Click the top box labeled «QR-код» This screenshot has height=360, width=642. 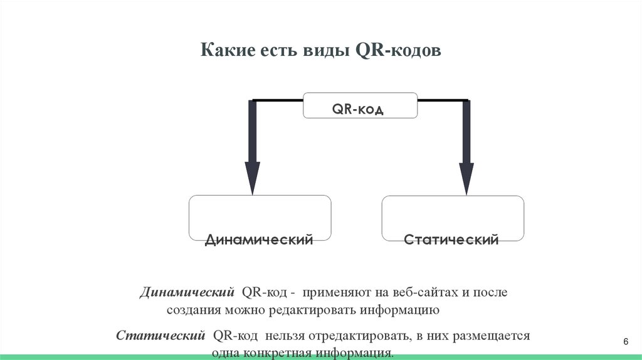click(360, 105)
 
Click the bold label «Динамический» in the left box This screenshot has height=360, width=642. click(259, 240)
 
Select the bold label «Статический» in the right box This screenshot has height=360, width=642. click(451, 240)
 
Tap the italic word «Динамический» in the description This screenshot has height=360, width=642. click(187, 293)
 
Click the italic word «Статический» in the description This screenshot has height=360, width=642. click(161, 336)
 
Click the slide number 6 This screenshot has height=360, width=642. click(625, 341)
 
